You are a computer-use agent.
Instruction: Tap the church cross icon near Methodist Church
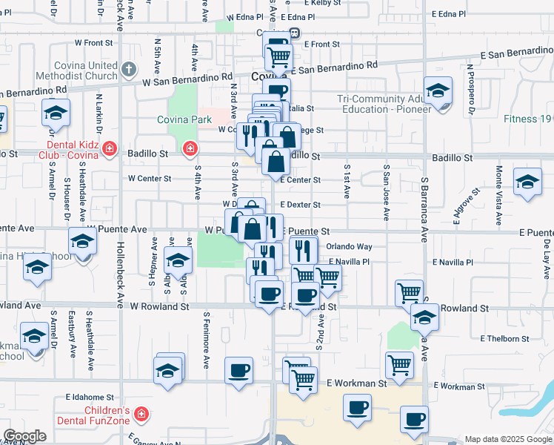click(x=129, y=70)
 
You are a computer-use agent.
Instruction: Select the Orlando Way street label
click(x=350, y=247)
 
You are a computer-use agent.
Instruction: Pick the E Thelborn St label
click(x=504, y=338)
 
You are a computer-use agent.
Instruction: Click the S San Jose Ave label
click(x=386, y=193)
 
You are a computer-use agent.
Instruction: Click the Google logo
click(x=24, y=436)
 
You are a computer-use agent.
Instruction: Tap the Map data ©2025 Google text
click(x=507, y=439)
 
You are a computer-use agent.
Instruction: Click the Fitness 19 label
click(x=527, y=119)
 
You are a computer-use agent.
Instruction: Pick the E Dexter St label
click(x=300, y=205)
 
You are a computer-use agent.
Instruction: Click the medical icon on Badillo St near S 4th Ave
click(x=190, y=149)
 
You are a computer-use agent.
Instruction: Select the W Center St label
click(x=150, y=179)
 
